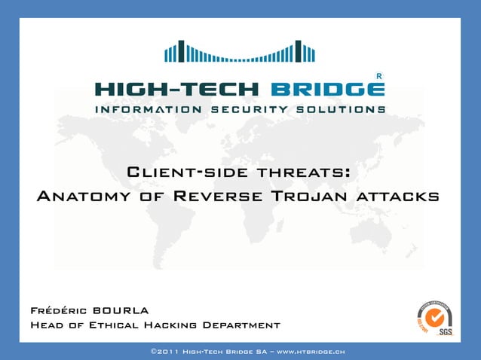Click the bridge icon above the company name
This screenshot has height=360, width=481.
(x=240, y=51)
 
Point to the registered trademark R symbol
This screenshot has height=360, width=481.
(x=378, y=76)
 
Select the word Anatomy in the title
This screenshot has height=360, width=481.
(x=83, y=197)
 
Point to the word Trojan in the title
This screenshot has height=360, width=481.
(x=309, y=197)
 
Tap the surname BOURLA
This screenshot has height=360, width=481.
(x=120, y=310)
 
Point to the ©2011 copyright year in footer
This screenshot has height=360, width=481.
(x=166, y=351)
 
